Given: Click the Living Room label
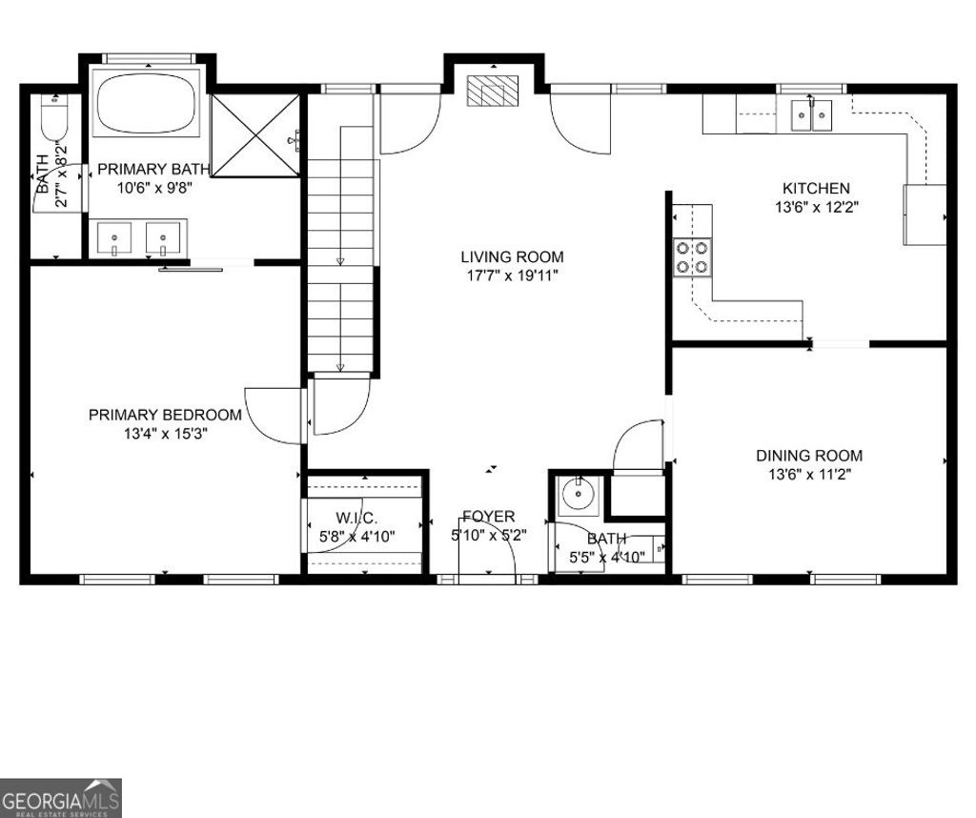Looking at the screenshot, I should coord(512,256).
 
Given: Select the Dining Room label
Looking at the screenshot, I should coord(809,456).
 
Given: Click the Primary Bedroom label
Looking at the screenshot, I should coord(165,415).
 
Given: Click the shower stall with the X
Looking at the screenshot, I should coord(255,134).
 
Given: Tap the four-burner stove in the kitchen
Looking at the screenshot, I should coord(693,256).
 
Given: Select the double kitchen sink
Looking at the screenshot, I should coord(811,115).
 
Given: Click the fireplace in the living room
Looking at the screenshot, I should coord(493,91).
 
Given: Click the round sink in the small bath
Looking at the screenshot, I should coord(577,495).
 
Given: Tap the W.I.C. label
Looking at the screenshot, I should coord(356,518).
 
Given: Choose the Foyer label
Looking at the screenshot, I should coord(489,517).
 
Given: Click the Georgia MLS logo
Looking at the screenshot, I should coord(61,797).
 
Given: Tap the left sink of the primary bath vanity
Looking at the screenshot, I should coord(115,236).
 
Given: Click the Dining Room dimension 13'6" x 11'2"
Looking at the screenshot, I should coord(809,474).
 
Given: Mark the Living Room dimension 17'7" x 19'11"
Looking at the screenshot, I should coord(512,276).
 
